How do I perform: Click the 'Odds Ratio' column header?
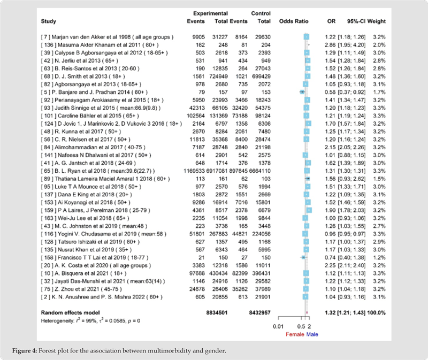(291, 22)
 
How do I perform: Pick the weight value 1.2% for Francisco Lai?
(377, 258)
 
